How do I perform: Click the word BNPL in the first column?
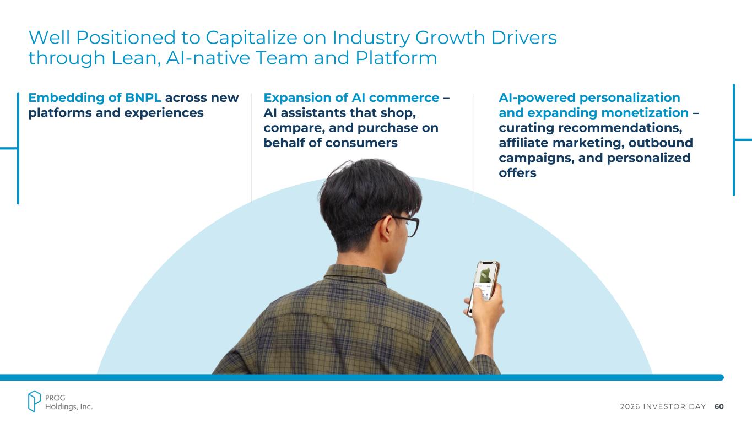pos(143,97)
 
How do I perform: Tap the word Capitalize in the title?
pos(251,37)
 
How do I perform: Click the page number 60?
pos(719,406)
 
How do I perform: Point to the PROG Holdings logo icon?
pos(34,401)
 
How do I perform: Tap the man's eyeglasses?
pos(403,225)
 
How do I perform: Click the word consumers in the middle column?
pos(361,143)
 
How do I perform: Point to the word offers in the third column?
pos(517,173)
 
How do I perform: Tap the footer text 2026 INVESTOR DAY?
pos(663,406)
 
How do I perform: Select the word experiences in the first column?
pos(164,113)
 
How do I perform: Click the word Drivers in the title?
pos(524,37)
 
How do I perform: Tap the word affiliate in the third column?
pos(523,143)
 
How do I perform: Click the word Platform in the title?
pos(396,58)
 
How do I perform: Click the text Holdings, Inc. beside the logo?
pos(69,407)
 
